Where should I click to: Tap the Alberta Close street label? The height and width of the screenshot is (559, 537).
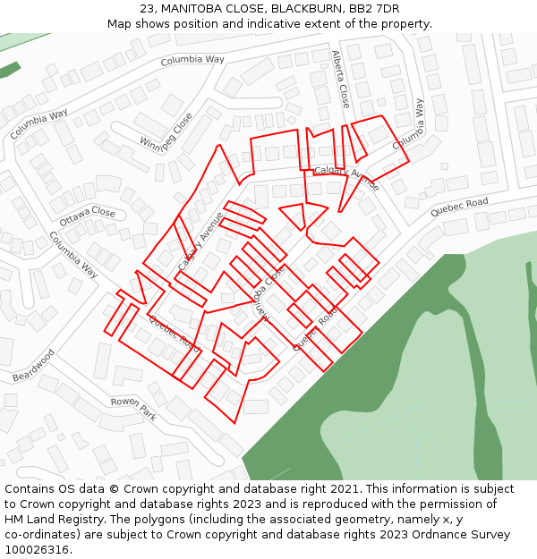coord(340,79)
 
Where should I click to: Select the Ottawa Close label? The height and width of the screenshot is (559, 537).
coord(88,216)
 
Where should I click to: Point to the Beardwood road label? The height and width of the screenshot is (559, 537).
coord(34,365)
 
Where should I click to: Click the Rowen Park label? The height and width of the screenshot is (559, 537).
coord(133,409)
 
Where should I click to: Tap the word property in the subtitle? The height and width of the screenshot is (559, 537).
coord(405,23)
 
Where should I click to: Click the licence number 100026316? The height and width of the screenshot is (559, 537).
coord(37,550)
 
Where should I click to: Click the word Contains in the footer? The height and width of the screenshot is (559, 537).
coord(30,489)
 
